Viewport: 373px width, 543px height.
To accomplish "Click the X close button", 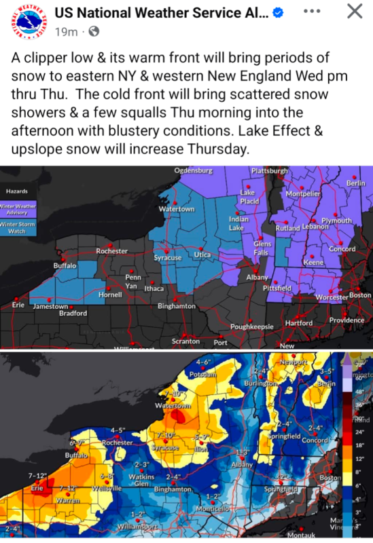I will pyautogui.click(x=355, y=12).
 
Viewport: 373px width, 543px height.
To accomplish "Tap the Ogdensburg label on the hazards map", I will pyautogui.click(x=194, y=170).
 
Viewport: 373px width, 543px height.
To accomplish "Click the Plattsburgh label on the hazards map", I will pyautogui.click(x=270, y=170).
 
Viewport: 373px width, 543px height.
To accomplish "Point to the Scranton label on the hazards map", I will pyautogui.click(x=185, y=341).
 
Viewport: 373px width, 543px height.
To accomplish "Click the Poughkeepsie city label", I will pyautogui.click(x=252, y=326).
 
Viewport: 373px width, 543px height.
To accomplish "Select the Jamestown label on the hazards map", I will pyautogui.click(x=51, y=307).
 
